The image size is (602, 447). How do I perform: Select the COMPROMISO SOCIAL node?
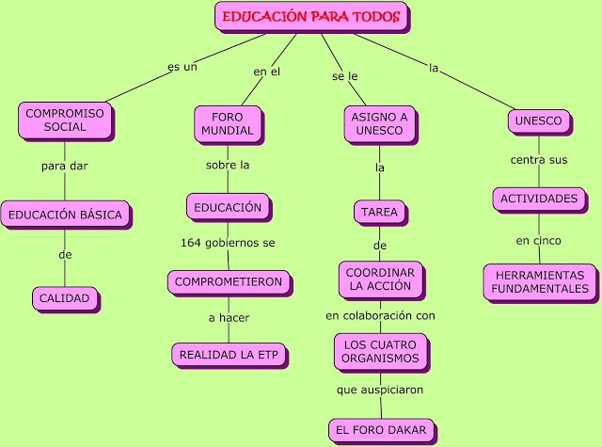click(x=64, y=120)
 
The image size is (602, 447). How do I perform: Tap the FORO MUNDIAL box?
click(x=227, y=123)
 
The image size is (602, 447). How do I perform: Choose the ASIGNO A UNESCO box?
click(x=379, y=123)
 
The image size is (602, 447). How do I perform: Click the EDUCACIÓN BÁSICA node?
click(x=65, y=215)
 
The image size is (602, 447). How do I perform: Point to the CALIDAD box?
click(x=64, y=298)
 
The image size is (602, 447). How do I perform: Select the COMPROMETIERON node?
click(x=229, y=280)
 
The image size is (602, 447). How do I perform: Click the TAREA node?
click(x=380, y=212)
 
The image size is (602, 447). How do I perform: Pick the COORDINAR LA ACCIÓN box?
click(x=380, y=279)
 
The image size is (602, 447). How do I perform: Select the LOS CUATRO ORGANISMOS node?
click(x=380, y=350)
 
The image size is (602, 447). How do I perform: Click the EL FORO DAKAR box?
click(x=380, y=430)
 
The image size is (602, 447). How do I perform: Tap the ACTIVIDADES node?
click(x=538, y=199)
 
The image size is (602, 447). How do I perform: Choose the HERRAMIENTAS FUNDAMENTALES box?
click(x=539, y=281)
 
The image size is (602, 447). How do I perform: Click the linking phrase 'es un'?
click(x=182, y=68)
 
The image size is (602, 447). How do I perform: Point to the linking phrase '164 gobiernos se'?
click(x=228, y=243)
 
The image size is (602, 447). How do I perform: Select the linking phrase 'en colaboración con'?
click(x=380, y=314)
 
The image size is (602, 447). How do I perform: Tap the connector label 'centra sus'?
click(x=538, y=159)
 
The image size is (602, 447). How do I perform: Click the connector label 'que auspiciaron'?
click(x=380, y=388)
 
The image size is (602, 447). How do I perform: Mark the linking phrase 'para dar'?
click(x=64, y=167)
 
